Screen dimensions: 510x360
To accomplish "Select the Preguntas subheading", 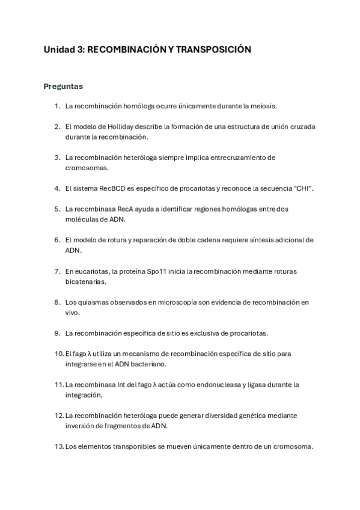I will point(63,86).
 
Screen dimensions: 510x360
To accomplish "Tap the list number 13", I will point(58,446).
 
